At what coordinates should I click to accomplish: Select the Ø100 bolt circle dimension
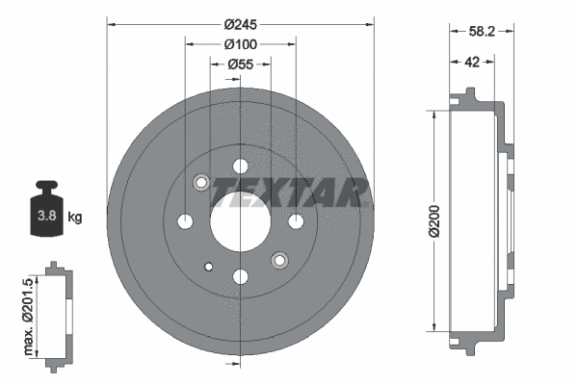pos(239,44)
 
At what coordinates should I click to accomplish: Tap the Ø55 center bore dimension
pos(239,64)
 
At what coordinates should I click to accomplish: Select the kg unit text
pos(75,217)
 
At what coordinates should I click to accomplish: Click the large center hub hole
pos(240,222)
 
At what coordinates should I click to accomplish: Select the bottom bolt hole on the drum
pos(240,277)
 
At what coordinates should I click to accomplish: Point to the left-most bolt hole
pos(185,222)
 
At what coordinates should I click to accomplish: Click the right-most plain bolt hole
pos(295,222)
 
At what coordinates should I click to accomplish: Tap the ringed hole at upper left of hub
pos(201,183)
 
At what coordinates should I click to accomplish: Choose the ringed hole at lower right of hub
pos(279,261)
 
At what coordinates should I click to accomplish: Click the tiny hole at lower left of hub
pos(208,267)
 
